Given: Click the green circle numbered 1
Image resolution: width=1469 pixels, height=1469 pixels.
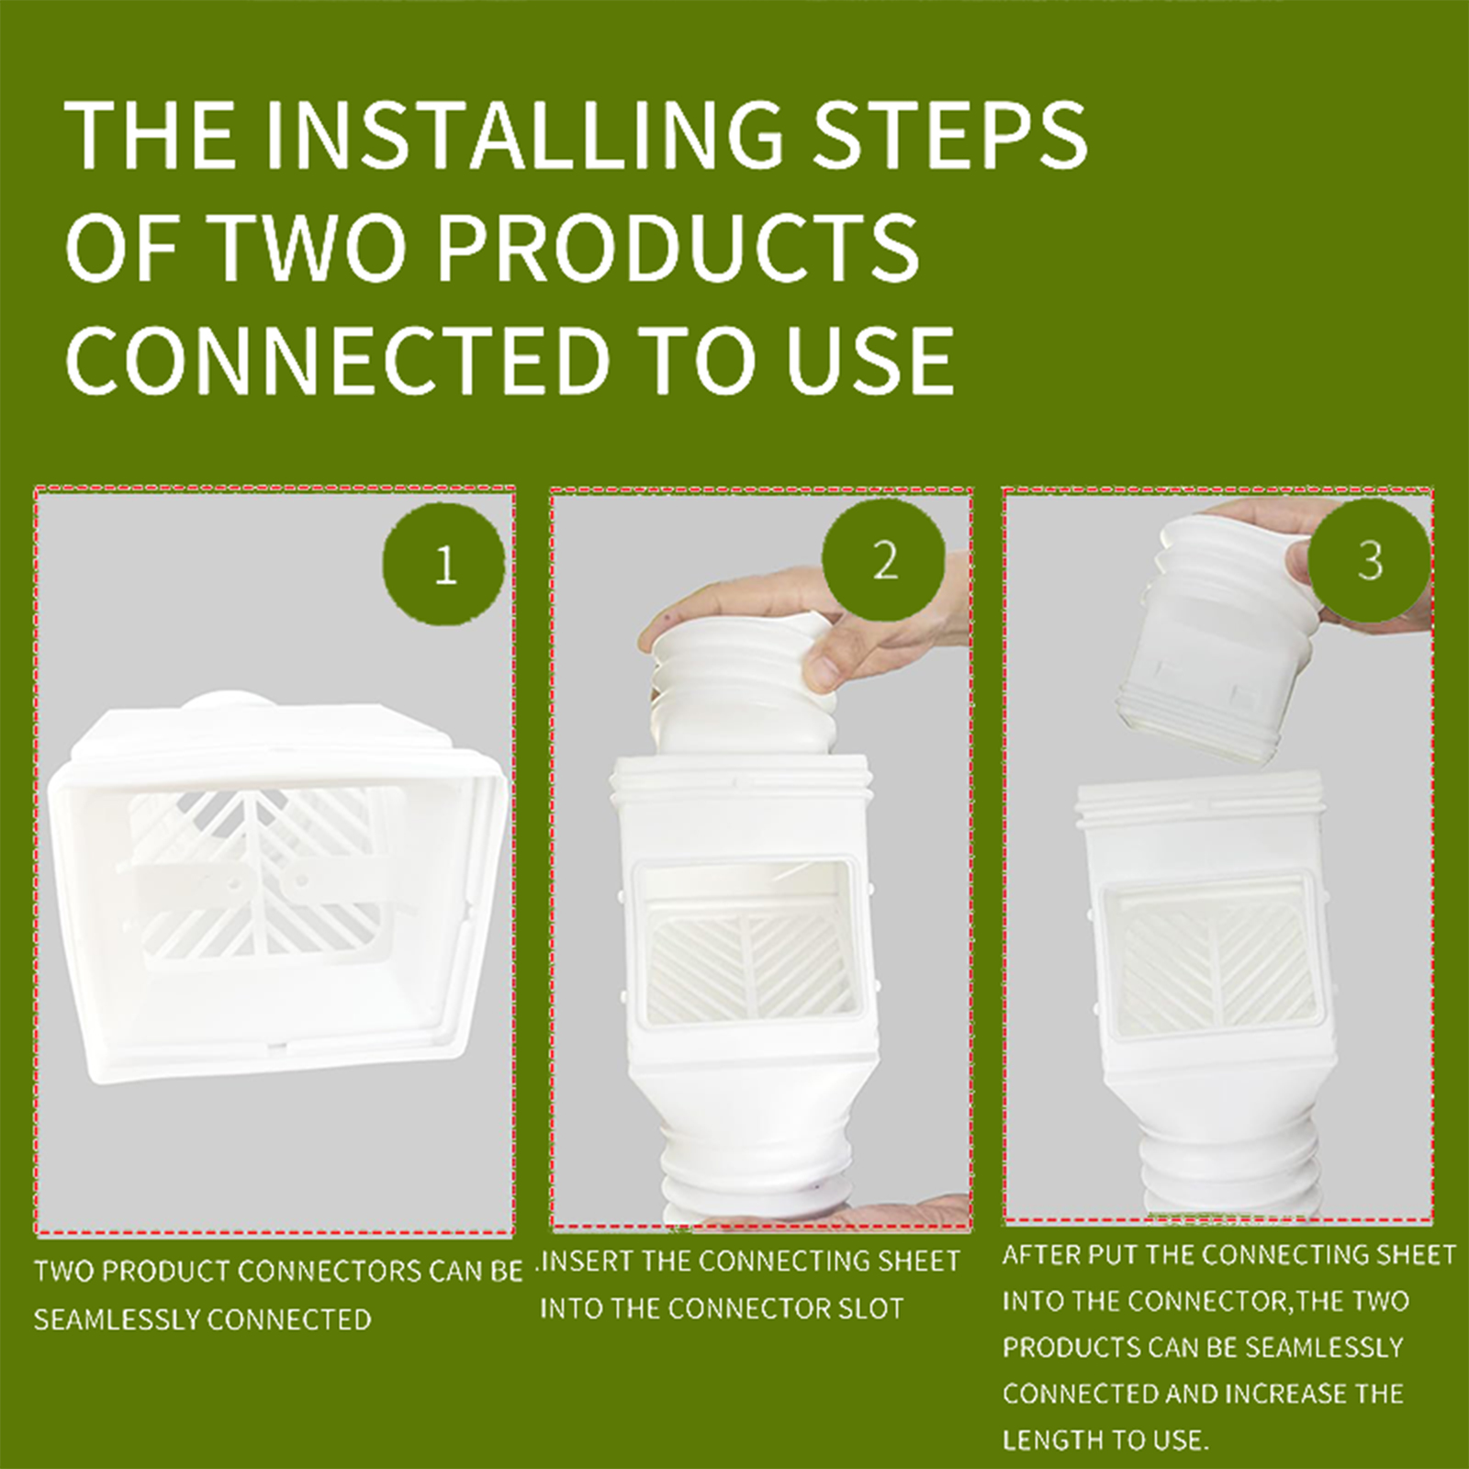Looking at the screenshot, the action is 444,564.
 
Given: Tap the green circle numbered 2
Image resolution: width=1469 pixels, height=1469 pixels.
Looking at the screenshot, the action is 883,559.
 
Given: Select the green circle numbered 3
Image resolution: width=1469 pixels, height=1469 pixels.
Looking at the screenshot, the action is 1370,560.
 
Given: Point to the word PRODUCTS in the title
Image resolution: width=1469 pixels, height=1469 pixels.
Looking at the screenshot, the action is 678,247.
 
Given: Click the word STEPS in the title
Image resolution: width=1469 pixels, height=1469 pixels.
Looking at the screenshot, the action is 950,135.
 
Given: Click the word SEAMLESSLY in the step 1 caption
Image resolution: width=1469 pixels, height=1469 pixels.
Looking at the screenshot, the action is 114,1320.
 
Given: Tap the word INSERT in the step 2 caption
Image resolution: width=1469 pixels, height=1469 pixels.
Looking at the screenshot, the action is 588,1262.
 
